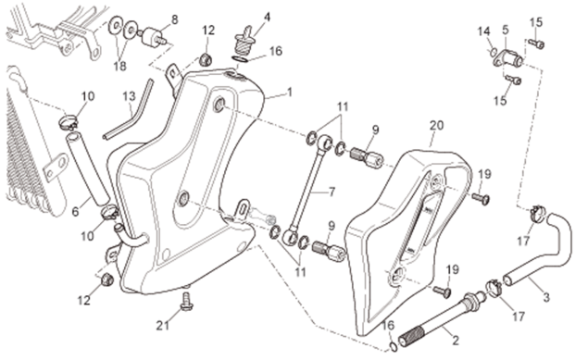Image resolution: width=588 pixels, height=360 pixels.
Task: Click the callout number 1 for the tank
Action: [289, 93]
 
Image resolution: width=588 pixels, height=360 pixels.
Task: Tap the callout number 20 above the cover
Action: [436, 126]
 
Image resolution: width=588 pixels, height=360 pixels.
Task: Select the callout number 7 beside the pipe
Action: [332, 192]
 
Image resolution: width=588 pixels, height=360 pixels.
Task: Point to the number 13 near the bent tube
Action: [129, 96]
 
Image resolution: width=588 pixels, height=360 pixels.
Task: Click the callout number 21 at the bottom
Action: [162, 326]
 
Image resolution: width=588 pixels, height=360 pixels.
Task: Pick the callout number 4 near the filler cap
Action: [267, 17]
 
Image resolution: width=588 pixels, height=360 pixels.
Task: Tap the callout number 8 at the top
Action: [175, 19]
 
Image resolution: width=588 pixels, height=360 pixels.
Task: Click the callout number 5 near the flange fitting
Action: [506, 30]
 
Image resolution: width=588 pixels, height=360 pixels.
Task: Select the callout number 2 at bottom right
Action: [456, 341]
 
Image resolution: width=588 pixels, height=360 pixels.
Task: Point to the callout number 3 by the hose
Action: [546, 297]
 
